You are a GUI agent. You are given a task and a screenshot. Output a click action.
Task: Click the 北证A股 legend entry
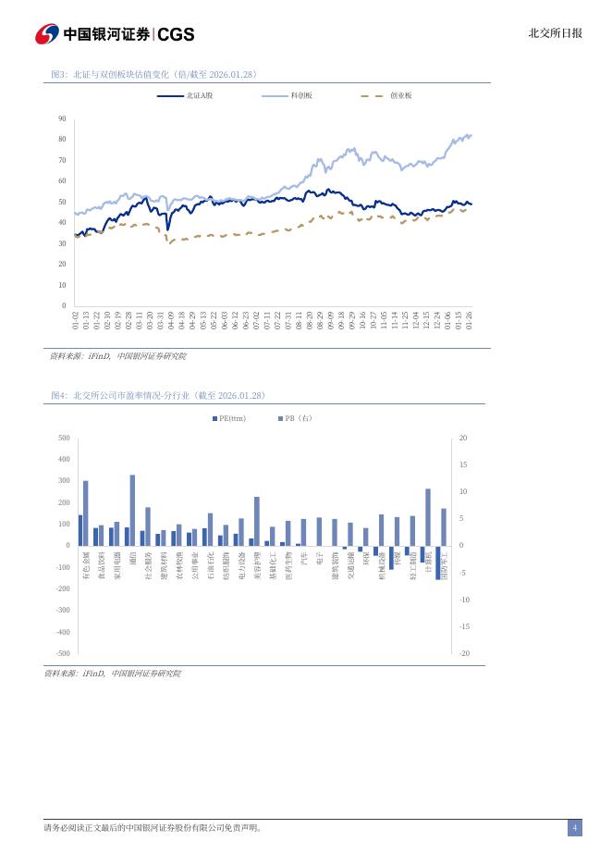point(185,95)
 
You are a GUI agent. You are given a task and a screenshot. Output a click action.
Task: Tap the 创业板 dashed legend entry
point(386,95)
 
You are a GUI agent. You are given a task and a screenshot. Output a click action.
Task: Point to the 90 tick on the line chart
point(62,118)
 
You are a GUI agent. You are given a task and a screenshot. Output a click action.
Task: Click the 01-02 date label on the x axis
point(76,320)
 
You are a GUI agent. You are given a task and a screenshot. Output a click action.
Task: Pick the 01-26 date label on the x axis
point(470,320)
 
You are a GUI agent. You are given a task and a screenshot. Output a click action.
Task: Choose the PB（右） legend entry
point(296,418)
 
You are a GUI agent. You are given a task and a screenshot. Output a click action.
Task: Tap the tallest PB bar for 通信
point(132,510)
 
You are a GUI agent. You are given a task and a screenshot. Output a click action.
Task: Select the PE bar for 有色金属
point(80,530)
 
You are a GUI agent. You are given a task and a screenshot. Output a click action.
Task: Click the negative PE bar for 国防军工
point(438,563)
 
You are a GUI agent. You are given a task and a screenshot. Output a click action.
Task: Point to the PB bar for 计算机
point(428,517)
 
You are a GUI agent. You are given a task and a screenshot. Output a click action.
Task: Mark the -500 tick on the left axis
point(63,653)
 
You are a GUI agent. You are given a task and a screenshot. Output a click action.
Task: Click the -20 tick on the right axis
point(463,653)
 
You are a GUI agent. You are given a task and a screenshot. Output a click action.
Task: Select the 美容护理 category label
point(257,565)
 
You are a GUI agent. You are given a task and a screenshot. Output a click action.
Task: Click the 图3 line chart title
point(153,74)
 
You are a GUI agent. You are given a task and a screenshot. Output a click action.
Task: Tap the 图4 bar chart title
point(158,395)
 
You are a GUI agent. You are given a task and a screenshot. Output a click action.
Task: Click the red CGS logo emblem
point(46,34)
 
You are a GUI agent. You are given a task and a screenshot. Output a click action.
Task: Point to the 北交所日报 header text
point(555,33)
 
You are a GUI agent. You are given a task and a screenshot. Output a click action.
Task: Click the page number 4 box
point(574,828)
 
